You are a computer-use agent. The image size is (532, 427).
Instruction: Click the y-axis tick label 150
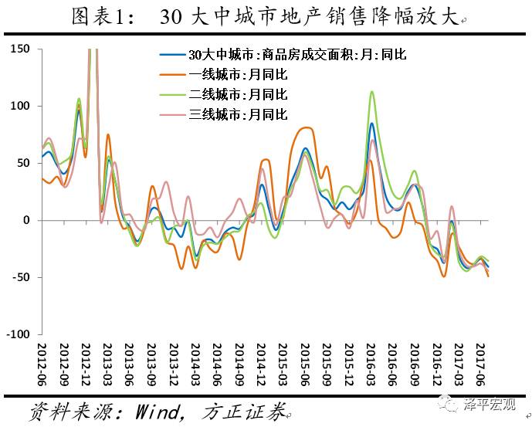[x=19, y=49]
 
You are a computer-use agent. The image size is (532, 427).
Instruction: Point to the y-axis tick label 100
[x=19, y=106]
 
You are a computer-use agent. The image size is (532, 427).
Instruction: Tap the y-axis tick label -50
[x=19, y=277]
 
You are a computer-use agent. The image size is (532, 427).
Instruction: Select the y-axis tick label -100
[x=16, y=334]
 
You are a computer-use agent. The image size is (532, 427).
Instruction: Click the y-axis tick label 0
[x=24, y=220]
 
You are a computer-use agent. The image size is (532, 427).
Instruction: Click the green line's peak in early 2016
[x=372, y=92]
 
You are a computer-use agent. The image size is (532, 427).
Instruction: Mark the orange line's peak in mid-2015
[x=306, y=127]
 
